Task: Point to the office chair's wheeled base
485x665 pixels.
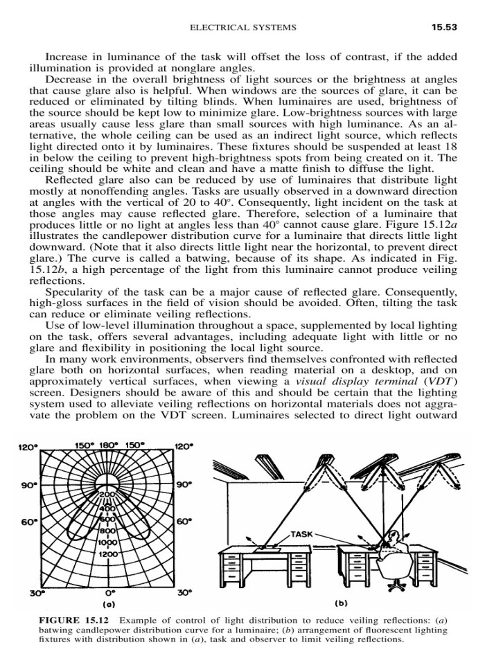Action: pyautogui.click(x=397, y=585)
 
